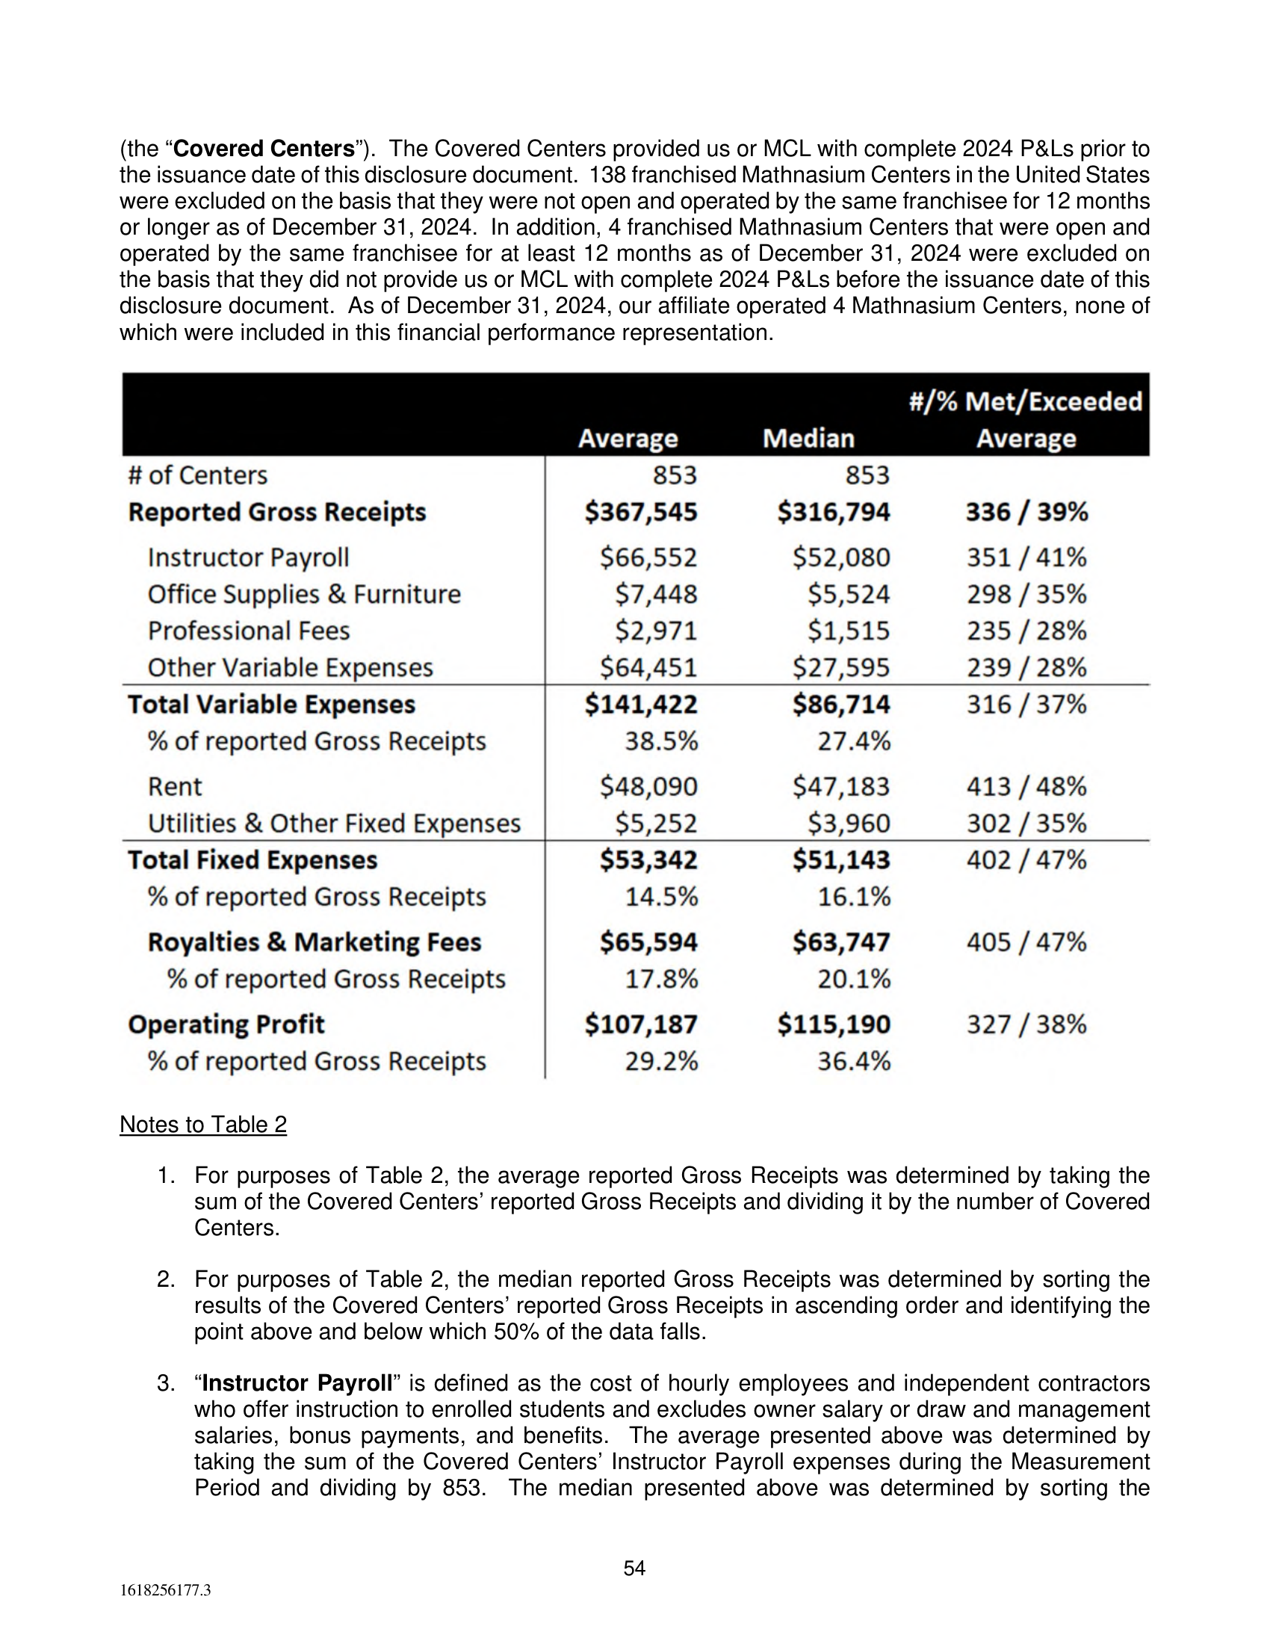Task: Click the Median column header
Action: click(808, 438)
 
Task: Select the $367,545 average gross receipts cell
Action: click(641, 512)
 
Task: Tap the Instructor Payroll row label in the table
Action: click(248, 557)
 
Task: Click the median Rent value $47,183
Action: click(840, 787)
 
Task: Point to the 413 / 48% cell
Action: click(1026, 787)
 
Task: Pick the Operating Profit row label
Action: click(226, 1025)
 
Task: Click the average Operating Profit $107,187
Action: click(641, 1025)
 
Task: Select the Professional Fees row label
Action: click(248, 631)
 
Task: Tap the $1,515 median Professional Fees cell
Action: click(848, 631)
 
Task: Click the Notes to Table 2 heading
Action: click(203, 1125)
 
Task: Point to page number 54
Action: click(634, 1568)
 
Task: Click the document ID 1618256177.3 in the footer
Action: click(166, 1590)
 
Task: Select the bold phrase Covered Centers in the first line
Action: click(264, 149)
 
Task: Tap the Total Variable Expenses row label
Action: click(271, 705)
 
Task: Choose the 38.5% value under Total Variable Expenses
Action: click(660, 741)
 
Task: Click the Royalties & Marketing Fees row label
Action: click(314, 942)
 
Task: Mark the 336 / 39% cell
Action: click(1026, 512)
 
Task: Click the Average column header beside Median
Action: click(628, 438)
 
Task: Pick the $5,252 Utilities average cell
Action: click(655, 823)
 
